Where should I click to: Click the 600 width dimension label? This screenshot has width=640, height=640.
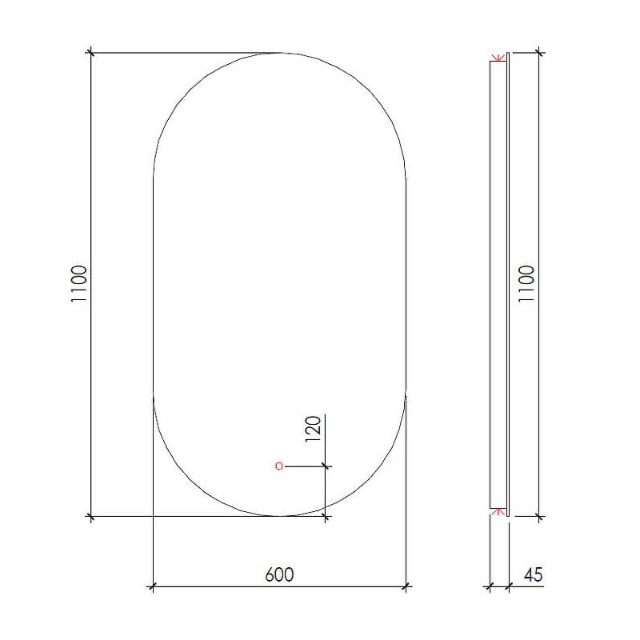tap(279, 574)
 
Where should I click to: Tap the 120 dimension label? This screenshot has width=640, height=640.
tap(314, 429)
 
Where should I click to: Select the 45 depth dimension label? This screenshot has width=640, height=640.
tap(533, 574)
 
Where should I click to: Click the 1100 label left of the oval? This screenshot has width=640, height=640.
tap(79, 284)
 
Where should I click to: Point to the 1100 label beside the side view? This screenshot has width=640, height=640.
tap(526, 284)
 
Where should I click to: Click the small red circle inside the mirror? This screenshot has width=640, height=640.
tap(279, 466)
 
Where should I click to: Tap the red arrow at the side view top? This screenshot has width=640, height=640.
tap(498, 58)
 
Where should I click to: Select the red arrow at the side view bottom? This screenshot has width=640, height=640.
tap(498, 512)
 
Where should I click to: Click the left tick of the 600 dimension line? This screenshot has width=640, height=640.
tap(153, 587)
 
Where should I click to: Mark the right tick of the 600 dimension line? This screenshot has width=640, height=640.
tap(406, 587)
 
